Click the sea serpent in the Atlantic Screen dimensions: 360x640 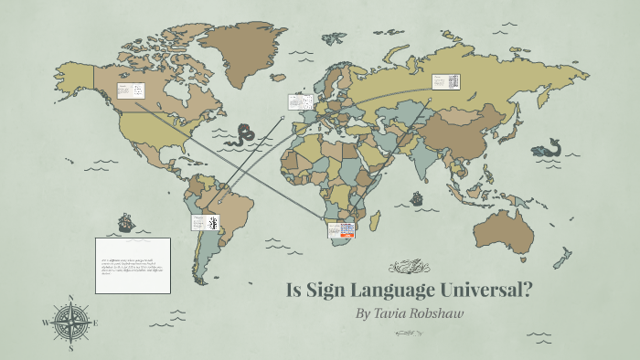(x=242, y=135)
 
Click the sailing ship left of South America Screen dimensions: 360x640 (x=124, y=221)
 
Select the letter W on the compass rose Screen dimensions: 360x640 (x=46, y=323)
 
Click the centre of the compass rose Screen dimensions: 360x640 (x=71, y=323)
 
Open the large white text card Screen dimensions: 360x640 (x=133, y=265)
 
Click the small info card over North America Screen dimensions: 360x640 (x=130, y=90)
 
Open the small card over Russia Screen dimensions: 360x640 (x=445, y=81)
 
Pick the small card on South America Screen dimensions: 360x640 (x=206, y=222)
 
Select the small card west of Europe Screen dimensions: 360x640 (x=300, y=101)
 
